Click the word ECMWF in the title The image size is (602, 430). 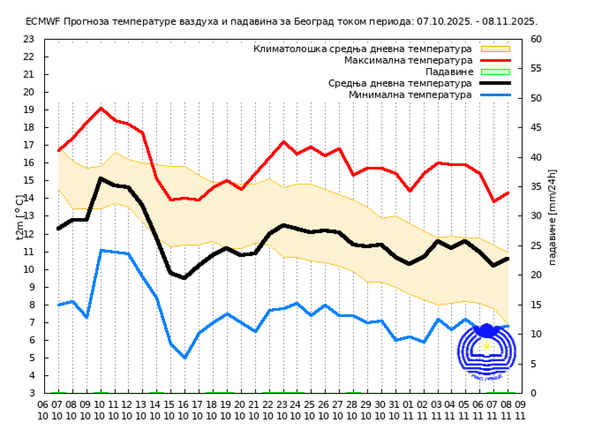point(43,21)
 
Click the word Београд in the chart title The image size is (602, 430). point(314,21)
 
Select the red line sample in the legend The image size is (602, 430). point(495,60)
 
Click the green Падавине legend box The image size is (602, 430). point(495,72)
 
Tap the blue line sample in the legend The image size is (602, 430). point(495,95)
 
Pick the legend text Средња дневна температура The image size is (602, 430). point(400,84)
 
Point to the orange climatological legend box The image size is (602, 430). point(495,49)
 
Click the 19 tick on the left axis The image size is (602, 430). point(29,110)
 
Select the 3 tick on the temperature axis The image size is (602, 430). point(32,393)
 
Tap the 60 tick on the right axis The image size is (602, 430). point(536,39)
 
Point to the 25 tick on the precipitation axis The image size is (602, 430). point(536,246)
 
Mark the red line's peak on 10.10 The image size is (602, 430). point(101,108)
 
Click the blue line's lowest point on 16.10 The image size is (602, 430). point(185,358)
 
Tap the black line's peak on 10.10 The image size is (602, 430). point(101,178)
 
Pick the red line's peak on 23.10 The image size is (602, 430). point(283,142)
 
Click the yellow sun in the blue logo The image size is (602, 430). point(486,346)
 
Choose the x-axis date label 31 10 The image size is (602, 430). point(394,410)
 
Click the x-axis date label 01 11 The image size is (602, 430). point(408,410)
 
